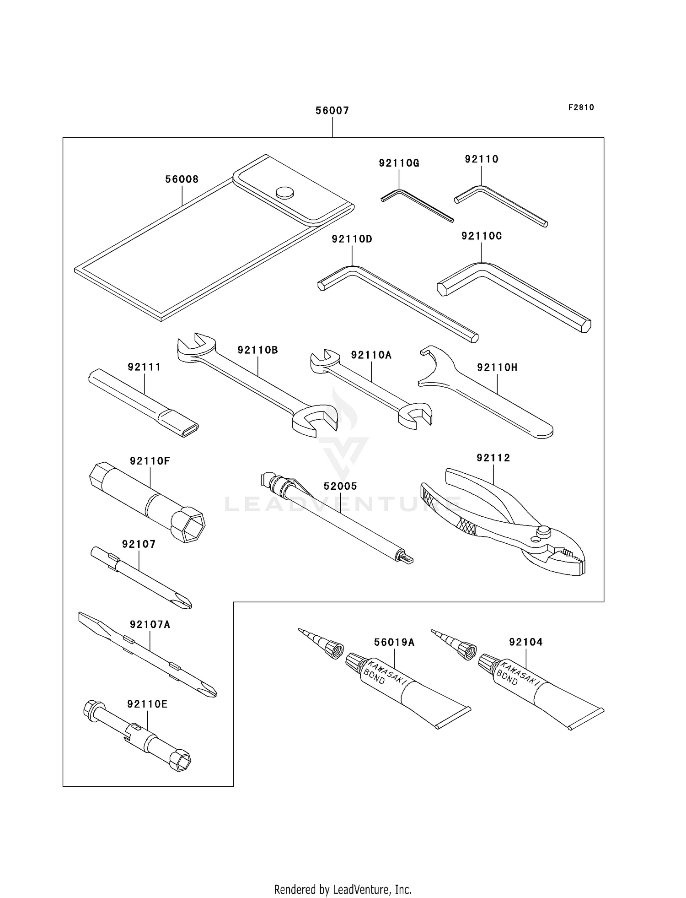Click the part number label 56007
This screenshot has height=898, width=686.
[x=332, y=110]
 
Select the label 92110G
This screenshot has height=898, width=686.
[x=399, y=163]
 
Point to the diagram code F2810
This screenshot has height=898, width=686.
[x=581, y=108]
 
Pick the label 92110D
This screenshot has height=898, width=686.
[x=352, y=239]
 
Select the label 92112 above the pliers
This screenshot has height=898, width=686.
[x=493, y=458]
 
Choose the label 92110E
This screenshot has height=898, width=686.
[x=147, y=704]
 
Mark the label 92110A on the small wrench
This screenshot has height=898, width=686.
[x=371, y=355]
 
